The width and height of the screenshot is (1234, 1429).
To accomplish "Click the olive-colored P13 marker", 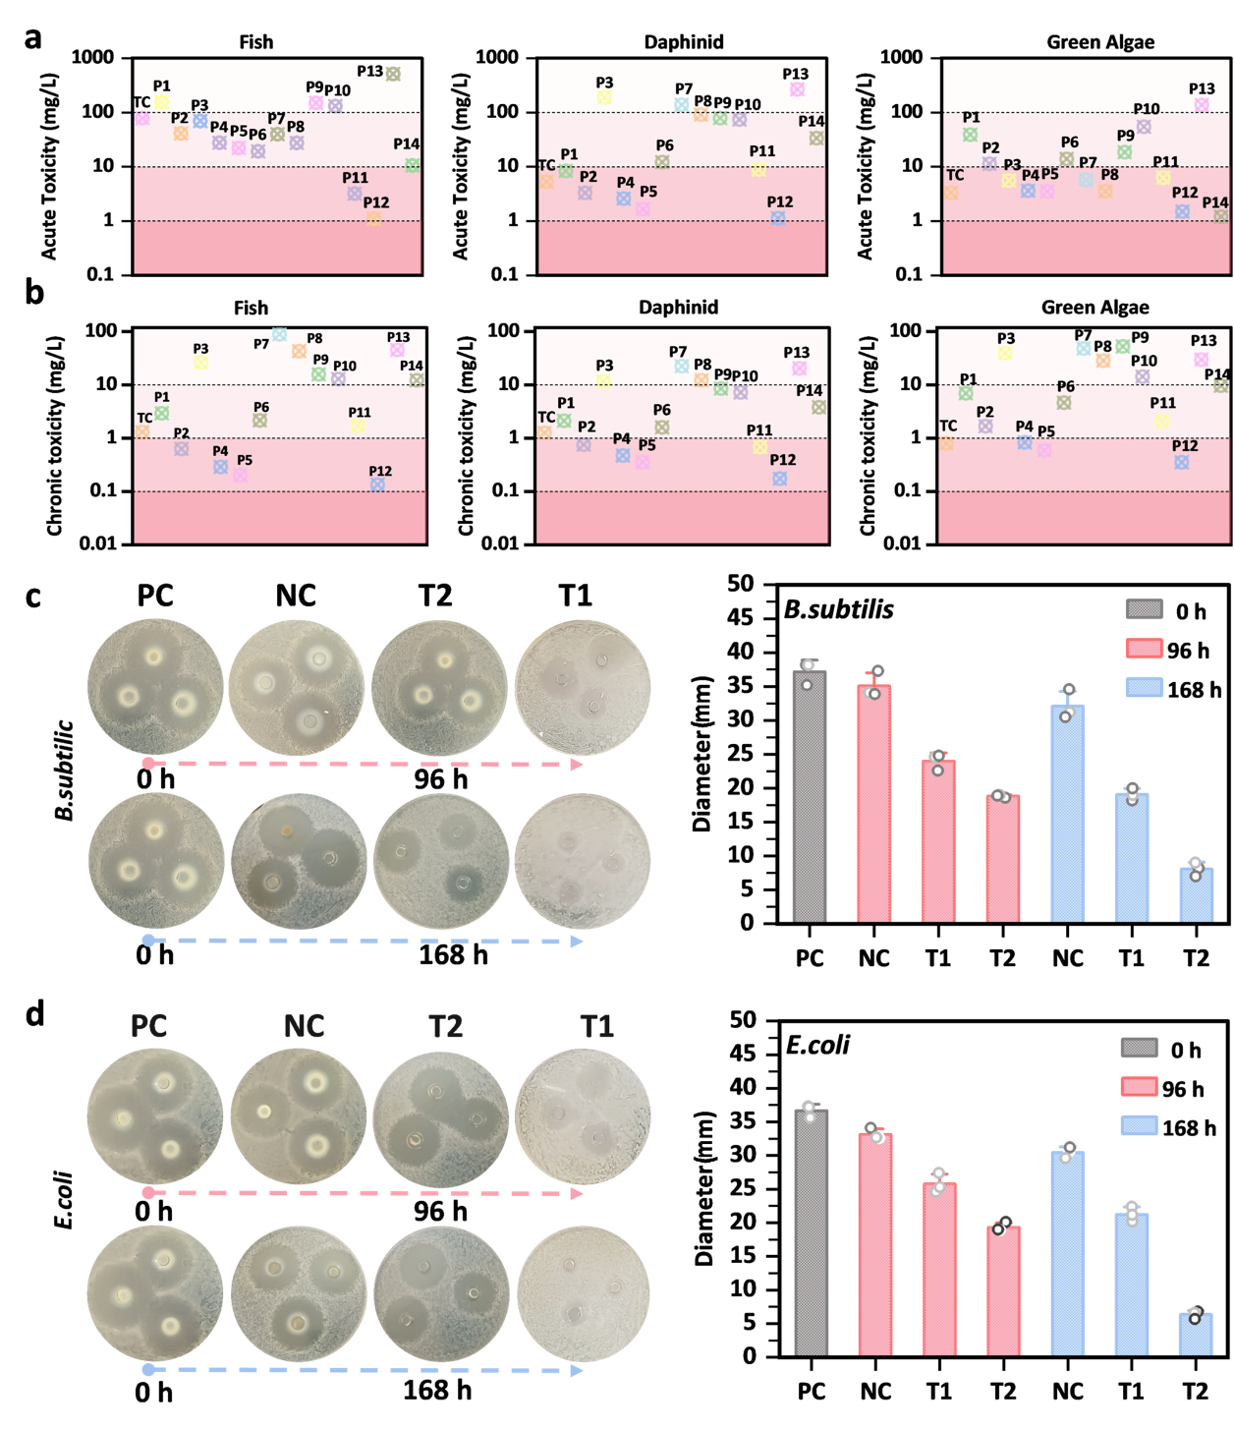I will click(393, 74).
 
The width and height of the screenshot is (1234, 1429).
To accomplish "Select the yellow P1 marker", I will click(162, 101).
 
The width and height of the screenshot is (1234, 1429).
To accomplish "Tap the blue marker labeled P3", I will click(200, 121).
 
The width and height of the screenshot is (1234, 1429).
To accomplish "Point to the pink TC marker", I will click(142, 118).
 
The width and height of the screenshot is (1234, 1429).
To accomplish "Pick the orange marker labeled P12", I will click(373, 219).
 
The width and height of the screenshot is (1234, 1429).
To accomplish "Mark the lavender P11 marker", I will click(355, 194).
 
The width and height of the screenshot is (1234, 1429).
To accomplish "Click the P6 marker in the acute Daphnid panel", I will click(662, 161).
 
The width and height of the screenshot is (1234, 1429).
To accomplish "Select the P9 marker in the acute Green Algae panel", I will click(1125, 152).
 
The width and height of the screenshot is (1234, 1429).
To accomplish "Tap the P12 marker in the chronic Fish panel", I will click(377, 485).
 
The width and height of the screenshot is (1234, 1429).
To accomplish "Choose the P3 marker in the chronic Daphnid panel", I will click(604, 381).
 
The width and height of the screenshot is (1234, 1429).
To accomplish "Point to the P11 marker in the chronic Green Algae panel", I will click(1162, 422).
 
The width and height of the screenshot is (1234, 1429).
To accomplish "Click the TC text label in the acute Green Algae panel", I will click(955, 175).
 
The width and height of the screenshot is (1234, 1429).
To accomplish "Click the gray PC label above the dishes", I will click(148, 1026).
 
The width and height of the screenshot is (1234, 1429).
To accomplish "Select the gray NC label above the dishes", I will click(304, 1026).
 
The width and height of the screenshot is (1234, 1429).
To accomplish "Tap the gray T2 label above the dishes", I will click(445, 1026).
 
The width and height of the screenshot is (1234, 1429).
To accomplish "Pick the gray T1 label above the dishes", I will click(597, 1026).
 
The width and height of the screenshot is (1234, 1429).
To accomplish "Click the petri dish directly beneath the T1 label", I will click(583, 1116).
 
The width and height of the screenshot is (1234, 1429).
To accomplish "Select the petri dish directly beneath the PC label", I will click(155, 1116).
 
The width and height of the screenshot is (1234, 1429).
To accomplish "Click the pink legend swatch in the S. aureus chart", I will click(1144, 648).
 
